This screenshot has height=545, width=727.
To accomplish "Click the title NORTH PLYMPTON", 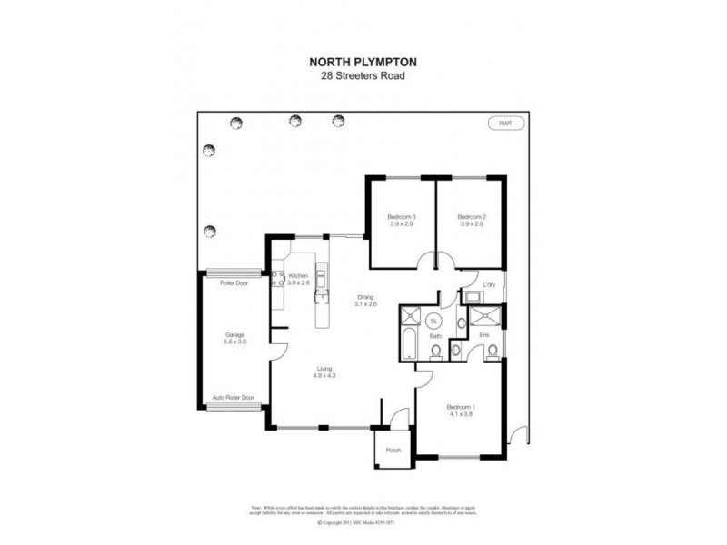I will tap(363, 63).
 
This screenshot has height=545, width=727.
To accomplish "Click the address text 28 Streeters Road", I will tap(363, 76).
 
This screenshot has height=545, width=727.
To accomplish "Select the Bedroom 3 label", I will tap(401, 217).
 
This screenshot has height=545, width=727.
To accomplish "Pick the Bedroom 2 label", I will tap(471, 217).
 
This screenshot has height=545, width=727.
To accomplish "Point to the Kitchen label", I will tap(299, 275).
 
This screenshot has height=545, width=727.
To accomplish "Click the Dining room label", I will tap(365, 297).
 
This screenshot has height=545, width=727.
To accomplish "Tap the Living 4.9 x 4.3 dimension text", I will tap(324, 375).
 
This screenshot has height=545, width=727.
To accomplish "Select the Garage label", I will tap(235, 334).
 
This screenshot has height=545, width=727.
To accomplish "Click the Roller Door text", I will tap(234, 282).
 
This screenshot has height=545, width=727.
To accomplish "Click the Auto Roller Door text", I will tap(234, 397).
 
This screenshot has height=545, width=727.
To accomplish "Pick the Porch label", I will tap(393, 451).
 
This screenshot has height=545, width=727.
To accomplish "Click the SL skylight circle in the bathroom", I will tap(433, 322).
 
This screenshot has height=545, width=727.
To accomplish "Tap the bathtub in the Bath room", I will tap(408, 346).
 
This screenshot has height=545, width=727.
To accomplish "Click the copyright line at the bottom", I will tap(363, 523).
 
